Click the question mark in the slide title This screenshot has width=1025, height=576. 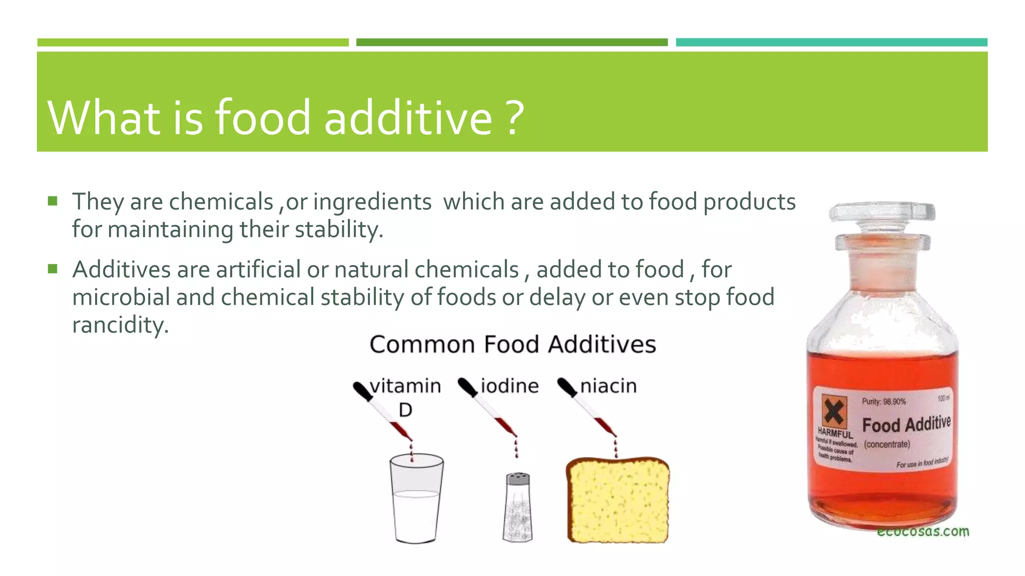click(514, 117)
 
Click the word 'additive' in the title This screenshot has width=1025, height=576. click(408, 117)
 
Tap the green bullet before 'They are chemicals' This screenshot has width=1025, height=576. click(53, 201)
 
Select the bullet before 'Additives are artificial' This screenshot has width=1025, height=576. click(53, 269)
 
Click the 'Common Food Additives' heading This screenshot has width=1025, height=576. click(512, 344)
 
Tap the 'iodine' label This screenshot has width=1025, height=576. click(509, 386)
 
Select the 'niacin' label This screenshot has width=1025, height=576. click(608, 386)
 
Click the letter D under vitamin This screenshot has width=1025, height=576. click(405, 410)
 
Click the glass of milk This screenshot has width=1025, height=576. click(416, 500)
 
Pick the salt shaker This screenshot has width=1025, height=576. click(518, 507)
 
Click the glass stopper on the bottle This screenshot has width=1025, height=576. click(882, 220)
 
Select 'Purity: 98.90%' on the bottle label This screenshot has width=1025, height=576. click(883, 401)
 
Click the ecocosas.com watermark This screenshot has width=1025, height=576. click(922, 531)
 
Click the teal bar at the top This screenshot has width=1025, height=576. click(831, 42)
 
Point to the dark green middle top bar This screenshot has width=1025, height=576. click(511, 42)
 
